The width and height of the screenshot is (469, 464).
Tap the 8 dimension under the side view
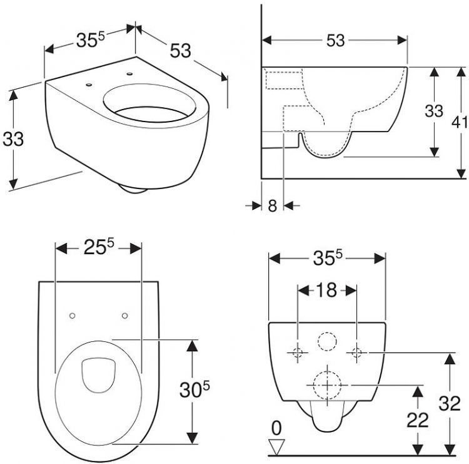pos(272,205)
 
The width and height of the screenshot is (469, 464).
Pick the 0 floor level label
pos(276,428)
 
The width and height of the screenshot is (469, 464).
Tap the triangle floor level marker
pos(276,445)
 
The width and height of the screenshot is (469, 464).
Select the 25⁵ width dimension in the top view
pos(99,248)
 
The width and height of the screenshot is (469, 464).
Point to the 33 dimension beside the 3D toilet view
pos(13,139)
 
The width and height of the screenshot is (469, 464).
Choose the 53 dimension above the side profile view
pos(335,40)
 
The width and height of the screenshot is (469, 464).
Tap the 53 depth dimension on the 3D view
pos(180,51)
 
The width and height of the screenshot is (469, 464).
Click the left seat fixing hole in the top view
pos(73,315)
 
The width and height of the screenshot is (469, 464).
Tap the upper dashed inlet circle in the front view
pos(326,341)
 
